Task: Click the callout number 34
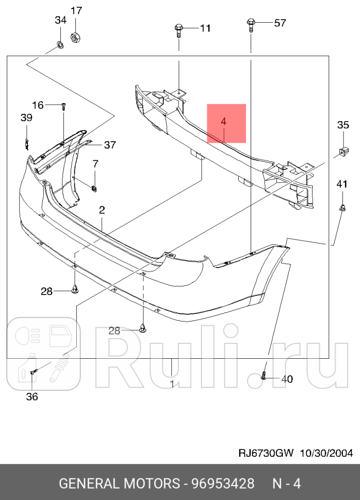60,20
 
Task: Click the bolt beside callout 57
251,24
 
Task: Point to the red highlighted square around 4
226,123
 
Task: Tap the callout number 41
342,184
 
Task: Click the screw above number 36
34,371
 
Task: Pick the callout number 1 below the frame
172,384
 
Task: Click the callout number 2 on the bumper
102,210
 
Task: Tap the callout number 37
110,145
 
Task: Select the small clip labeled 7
95,188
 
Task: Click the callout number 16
38,105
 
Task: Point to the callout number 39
26,118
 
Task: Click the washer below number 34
60,46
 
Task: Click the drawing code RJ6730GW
266,453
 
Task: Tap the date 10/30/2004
326,453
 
